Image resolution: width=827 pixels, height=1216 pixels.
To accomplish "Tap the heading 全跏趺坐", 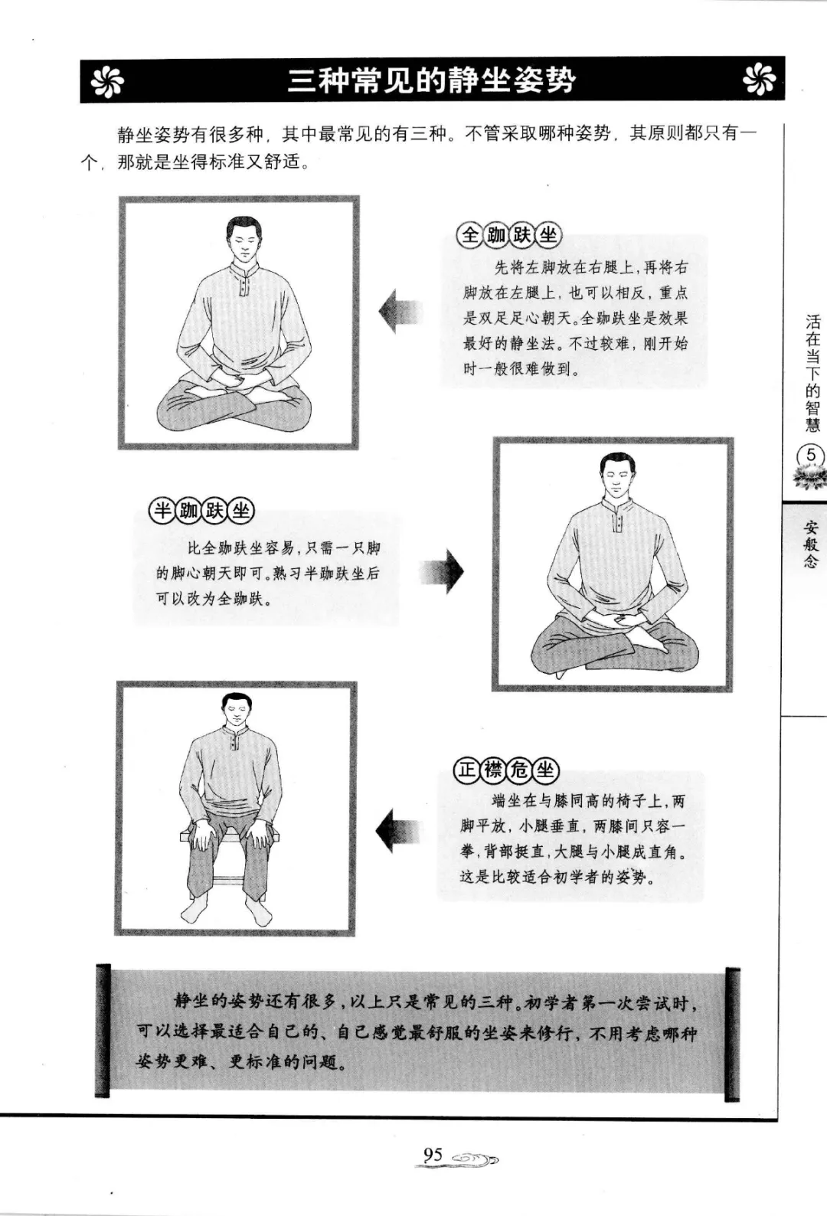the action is [x=508, y=234].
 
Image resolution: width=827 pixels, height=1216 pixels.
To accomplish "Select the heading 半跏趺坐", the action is [x=202, y=511].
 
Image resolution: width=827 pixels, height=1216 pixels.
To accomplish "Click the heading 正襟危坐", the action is [x=506, y=770].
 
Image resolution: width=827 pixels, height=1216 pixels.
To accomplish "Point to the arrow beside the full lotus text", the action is [x=400, y=312].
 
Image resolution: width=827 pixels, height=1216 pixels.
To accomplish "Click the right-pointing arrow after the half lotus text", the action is [x=442, y=571].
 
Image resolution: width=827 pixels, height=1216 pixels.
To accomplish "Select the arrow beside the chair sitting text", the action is [x=397, y=831].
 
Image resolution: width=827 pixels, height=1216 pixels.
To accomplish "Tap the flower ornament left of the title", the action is [x=107, y=81].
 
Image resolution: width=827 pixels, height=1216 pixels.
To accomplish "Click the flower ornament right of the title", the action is [x=758, y=80].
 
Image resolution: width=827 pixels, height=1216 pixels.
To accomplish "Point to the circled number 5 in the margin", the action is [x=811, y=455].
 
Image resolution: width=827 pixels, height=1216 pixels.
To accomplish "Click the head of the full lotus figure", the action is [x=242, y=239].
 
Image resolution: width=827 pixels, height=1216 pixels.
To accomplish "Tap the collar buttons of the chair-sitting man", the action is [x=235, y=740].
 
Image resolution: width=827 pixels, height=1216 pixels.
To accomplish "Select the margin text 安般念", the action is [x=811, y=544].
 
